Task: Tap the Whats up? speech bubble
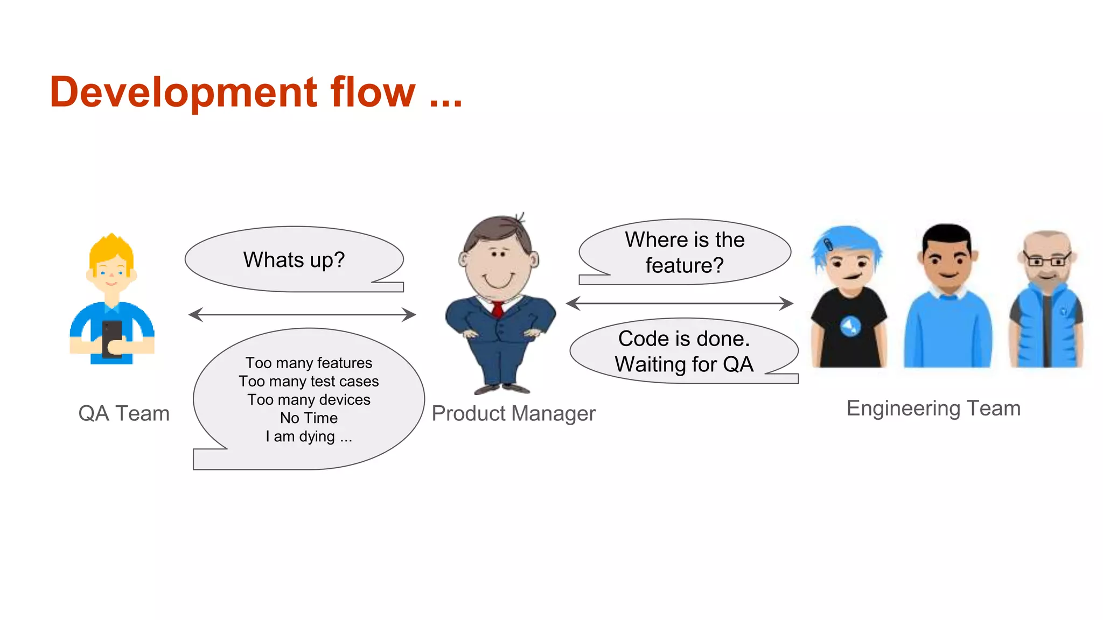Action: point(294,260)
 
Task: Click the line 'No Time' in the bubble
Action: point(309,418)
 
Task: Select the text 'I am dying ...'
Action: point(309,436)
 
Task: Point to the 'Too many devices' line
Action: point(309,400)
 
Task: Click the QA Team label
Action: point(124,413)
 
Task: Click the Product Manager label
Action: point(513,413)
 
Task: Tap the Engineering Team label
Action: point(933,408)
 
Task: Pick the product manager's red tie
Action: point(498,310)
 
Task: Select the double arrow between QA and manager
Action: point(302,315)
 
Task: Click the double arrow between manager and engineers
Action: point(680,304)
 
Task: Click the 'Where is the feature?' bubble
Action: point(685,252)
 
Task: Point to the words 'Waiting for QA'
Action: point(684,365)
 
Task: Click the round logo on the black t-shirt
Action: point(850,326)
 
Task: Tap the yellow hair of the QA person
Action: point(111,249)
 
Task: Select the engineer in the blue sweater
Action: point(947,301)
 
